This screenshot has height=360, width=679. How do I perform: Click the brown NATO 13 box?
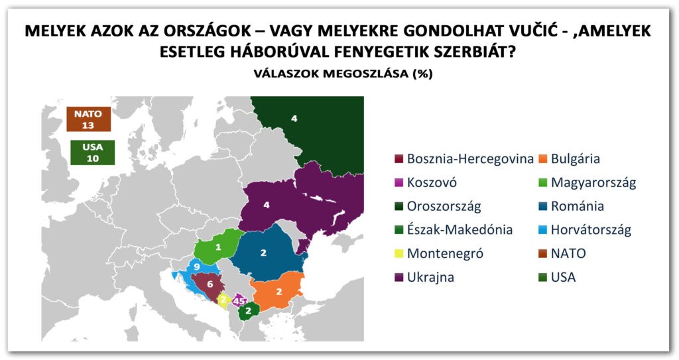[x=88, y=119]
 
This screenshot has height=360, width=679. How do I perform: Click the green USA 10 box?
[x=93, y=152]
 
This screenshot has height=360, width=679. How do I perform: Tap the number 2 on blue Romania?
[x=263, y=253]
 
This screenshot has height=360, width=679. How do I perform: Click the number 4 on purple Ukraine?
[x=267, y=206]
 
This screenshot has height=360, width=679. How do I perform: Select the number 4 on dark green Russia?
[x=294, y=119]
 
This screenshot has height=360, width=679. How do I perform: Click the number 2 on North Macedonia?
[x=247, y=310]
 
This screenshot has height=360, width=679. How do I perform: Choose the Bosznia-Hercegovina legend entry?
[x=464, y=158]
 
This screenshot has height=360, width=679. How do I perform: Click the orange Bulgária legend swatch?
[x=542, y=159]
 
